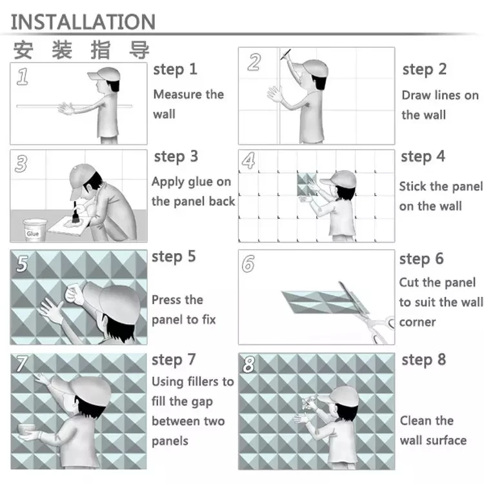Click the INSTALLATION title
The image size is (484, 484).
[83, 21]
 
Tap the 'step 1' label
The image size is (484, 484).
[175, 70]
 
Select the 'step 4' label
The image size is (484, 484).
[423, 157]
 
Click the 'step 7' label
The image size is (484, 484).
[174, 359]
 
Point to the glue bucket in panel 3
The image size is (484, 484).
[33, 229]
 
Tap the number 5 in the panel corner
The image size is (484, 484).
[23, 264]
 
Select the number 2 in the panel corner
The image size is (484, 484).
[254, 62]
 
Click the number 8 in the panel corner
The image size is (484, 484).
[249, 365]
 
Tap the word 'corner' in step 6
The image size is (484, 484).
[418, 321]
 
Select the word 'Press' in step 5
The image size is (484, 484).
[167, 300]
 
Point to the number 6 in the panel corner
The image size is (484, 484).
[249, 264]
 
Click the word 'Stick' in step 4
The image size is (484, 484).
[414, 187]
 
